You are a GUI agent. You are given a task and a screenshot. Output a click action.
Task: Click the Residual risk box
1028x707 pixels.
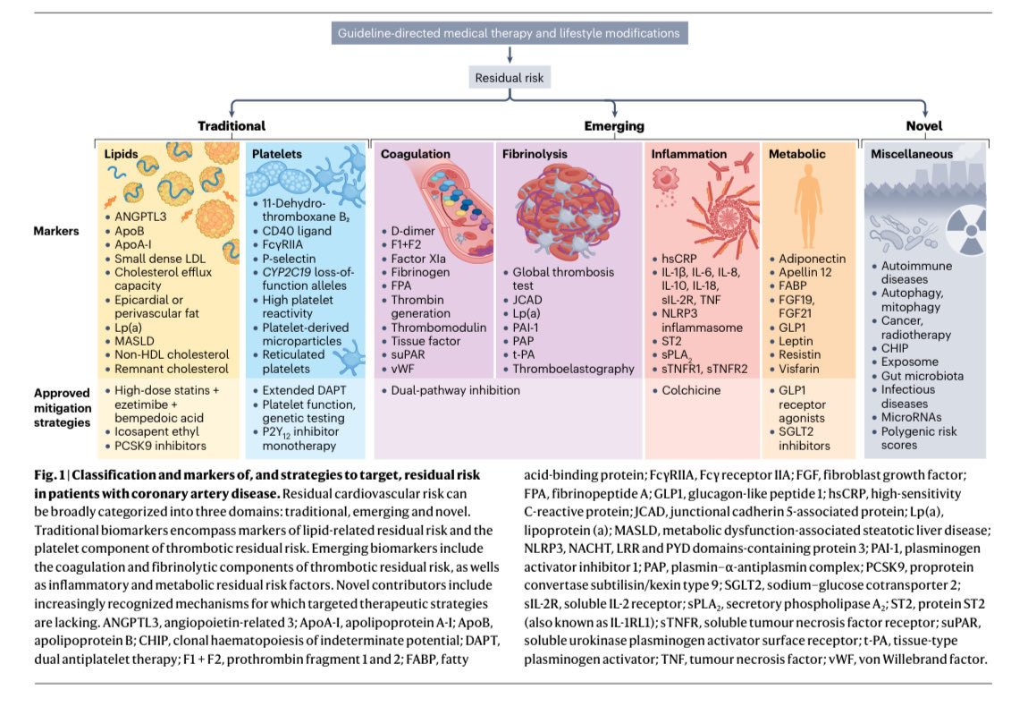point(508,78)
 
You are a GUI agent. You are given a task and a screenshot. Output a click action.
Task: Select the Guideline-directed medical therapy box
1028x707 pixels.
point(508,33)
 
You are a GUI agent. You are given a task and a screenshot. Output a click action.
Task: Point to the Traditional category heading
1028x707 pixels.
point(232,126)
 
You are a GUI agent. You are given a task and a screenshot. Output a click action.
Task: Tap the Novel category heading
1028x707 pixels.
point(923,126)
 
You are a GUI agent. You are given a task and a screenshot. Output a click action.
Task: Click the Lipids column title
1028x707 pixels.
point(121,154)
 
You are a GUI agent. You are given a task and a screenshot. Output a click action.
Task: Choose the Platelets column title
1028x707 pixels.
point(277,154)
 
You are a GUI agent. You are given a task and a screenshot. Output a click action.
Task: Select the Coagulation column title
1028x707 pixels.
point(416,154)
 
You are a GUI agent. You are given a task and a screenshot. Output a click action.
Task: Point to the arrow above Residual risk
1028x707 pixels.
point(508,55)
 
